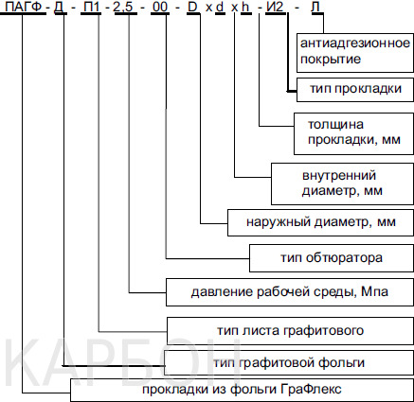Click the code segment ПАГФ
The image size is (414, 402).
[x=24, y=7]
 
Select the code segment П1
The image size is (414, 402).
[x=92, y=7]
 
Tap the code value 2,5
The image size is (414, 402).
[x=122, y=8]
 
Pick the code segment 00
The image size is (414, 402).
[x=159, y=7]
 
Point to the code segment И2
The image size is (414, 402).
[x=275, y=7]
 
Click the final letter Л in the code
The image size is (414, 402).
[x=316, y=7]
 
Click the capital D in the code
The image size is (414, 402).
[x=192, y=7]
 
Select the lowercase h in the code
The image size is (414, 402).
[x=245, y=7]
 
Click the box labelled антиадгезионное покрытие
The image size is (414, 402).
[x=355, y=52]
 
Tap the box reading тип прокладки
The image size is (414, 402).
[x=355, y=90]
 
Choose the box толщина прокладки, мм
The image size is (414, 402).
[x=353, y=133]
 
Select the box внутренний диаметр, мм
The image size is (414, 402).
[x=342, y=184]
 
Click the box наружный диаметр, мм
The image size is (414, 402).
[x=320, y=222]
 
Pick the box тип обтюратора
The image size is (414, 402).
[x=332, y=258]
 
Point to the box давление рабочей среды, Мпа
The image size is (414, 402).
[x=290, y=292]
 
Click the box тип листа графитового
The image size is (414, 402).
[x=290, y=331]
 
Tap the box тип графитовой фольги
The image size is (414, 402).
[x=289, y=362]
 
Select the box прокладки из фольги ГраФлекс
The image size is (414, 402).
[x=242, y=390]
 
